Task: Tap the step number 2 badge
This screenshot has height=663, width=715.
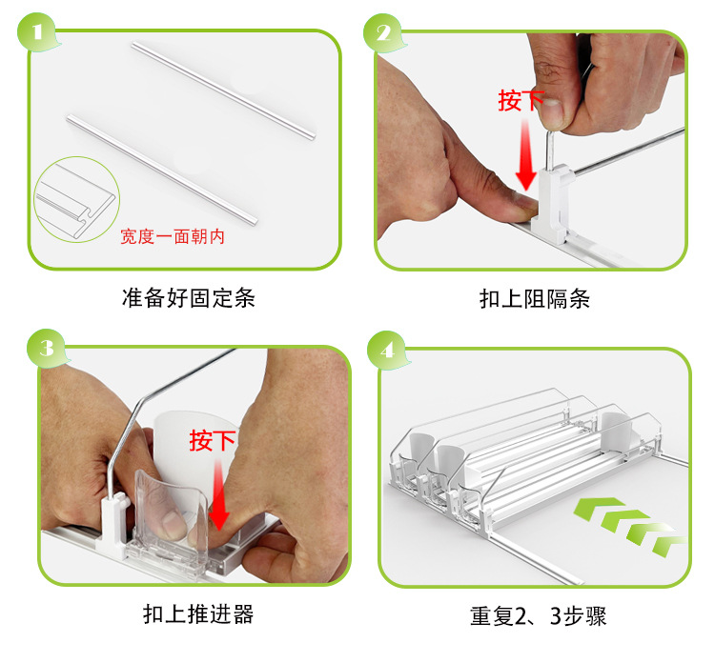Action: pos(384,31)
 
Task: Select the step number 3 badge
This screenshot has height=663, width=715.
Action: pos(45,348)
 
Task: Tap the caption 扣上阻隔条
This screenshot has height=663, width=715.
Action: pos(534,298)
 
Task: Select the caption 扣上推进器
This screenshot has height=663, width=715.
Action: pos(198,613)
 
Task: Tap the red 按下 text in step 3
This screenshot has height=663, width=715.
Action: pos(212,440)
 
